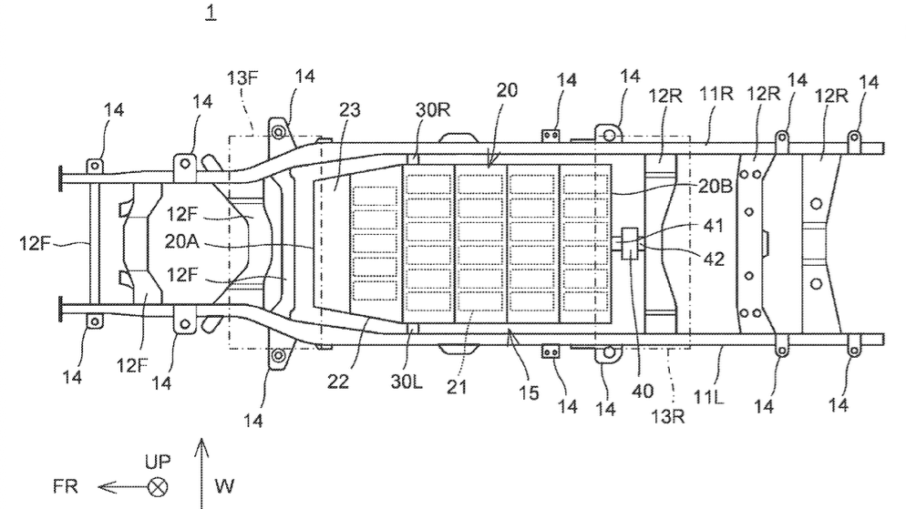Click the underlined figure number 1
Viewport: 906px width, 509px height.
coord(211,12)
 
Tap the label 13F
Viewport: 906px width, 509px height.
coord(242,78)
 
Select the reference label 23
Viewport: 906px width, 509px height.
coord(350,109)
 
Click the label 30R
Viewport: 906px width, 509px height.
coord(433,109)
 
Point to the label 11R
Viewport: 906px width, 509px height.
coord(716,93)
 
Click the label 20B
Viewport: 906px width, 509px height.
coord(716,186)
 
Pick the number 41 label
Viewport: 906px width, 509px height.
coord(714,225)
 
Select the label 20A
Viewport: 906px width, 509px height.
coord(182,241)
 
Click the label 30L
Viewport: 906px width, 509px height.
coord(407,381)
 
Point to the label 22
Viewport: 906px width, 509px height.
coord(338,381)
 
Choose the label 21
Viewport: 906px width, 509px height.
coord(457,387)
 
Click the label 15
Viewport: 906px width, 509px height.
coord(528,393)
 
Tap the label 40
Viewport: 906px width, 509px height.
coord(643,392)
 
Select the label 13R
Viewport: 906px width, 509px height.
coord(668,416)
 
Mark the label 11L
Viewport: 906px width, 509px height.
coord(708,397)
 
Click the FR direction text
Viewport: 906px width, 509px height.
coord(65,486)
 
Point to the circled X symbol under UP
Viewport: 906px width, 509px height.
coord(157,488)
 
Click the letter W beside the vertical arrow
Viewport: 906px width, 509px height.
coord(224,486)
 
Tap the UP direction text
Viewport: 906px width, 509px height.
coord(158,462)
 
